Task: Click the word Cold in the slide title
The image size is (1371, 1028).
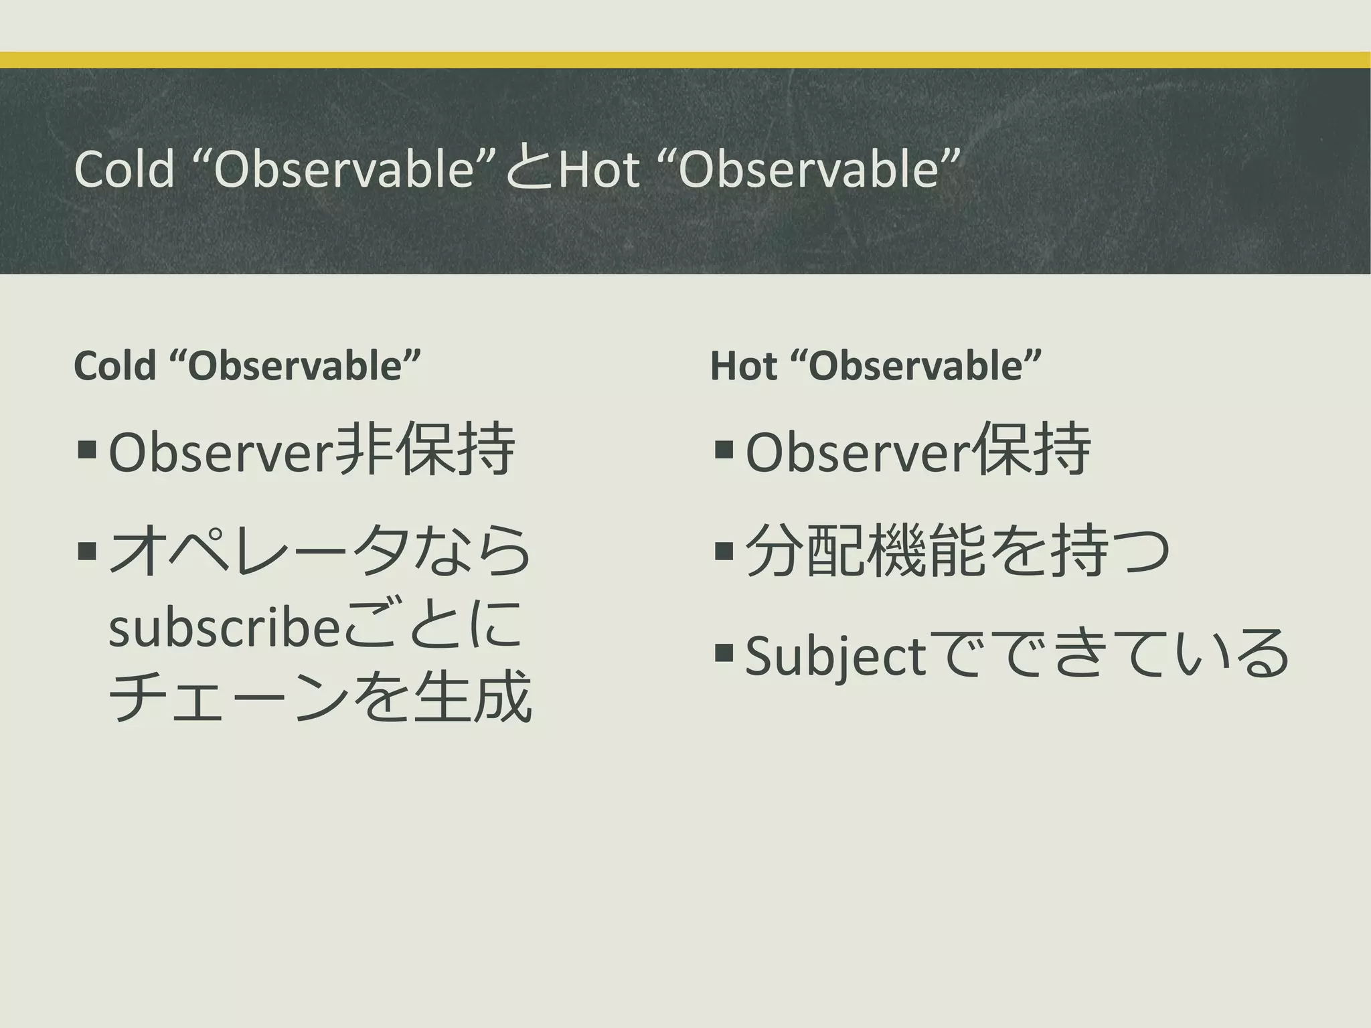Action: [x=125, y=169]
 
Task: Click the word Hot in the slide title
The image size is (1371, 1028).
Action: [x=598, y=169]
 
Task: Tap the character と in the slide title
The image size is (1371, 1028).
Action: [x=529, y=169]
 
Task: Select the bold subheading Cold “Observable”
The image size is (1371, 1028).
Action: [x=247, y=366]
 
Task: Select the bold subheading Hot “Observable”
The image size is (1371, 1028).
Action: [x=876, y=366]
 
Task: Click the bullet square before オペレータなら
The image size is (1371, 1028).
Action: [x=87, y=551]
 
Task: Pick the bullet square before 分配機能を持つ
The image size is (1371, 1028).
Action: [x=724, y=551]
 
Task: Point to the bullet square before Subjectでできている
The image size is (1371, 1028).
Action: [x=724, y=652]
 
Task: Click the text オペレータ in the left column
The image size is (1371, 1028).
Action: [x=258, y=551]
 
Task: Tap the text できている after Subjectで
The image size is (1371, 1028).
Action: [x=1144, y=653]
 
